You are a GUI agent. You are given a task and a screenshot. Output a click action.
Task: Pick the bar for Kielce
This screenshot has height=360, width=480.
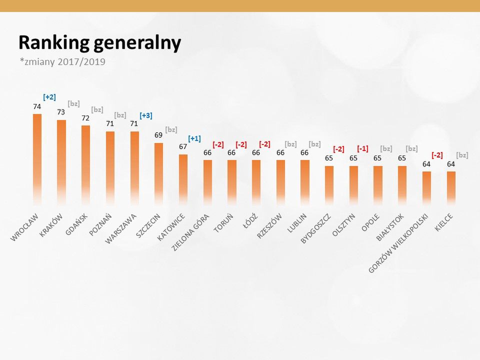tap(451, 187)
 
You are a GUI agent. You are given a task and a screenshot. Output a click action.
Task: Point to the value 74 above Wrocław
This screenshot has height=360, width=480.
tap(37, 106)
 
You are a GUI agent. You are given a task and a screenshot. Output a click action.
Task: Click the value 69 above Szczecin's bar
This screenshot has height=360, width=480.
tap(158, 135)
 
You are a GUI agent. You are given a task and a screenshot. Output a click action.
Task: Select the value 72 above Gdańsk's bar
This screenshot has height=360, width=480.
tap(85, 118)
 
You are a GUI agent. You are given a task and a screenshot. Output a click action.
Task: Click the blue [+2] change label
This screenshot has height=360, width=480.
tap(49, 97)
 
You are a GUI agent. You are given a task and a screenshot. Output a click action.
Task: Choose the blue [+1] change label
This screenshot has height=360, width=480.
tap(194, 138)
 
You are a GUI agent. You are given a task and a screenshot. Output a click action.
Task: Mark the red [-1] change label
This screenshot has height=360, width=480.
tap(362, 148)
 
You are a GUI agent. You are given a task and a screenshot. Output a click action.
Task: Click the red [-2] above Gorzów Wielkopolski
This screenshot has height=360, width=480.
tap(437, 155)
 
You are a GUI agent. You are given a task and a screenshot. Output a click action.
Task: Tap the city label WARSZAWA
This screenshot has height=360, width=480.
tap(121, 228)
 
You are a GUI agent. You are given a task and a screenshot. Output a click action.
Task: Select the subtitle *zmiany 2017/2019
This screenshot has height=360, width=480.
tap(62, 62)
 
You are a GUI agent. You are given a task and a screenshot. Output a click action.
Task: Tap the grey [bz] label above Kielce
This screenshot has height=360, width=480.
tap(462, 155)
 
